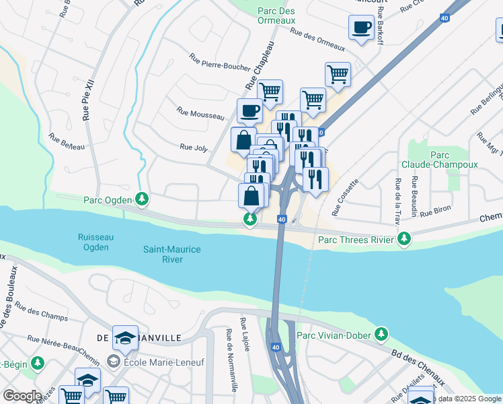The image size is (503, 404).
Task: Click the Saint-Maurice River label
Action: coord(172,254)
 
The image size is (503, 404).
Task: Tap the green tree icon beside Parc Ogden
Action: coord(141,199)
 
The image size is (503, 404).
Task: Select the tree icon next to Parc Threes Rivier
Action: coord(403,239)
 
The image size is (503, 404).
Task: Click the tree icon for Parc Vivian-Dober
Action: coord(381,335)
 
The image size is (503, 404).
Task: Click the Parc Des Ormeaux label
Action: coord(276,15)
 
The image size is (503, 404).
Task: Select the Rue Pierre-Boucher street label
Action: coord(220,63)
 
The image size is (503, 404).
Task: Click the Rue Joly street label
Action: coord(194,147)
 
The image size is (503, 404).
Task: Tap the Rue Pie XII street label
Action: coord(87,99)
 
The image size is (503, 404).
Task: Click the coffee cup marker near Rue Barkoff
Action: coord(361,28)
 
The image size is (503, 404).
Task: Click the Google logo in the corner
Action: coord(22,396)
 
